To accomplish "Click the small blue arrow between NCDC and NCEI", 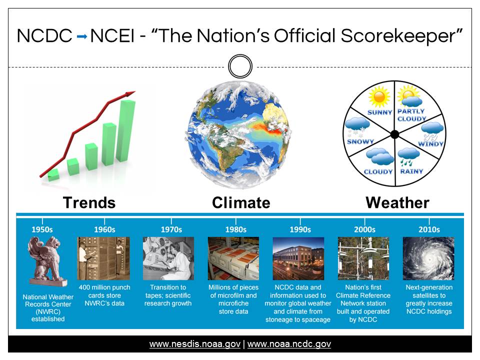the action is (x=81, y=36).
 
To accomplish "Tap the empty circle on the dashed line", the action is (x=240, y=55).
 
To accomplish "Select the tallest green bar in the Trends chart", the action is (x=125, y=130).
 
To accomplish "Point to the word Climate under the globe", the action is (x=241, y=203).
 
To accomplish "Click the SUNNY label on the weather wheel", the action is (x=379, y=112).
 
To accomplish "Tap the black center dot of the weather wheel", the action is (x=395, y=134).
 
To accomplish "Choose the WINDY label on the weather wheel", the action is (x=430, y=144).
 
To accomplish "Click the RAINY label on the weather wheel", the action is (x=411, y=171).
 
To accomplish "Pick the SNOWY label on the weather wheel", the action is (x=360, y=141).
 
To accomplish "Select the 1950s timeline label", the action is (x=42, y=229).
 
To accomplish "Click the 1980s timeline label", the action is (x=235, y=229).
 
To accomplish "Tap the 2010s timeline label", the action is (x=429, y=229).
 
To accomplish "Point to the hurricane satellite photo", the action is (x=428, y=258).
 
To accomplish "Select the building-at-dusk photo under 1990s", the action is (x=298, y=258).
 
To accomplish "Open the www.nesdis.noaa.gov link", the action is (x=194, y=344).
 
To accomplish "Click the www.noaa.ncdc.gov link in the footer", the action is (x=289, y=344).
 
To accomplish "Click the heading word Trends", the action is (x=89, y=203).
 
